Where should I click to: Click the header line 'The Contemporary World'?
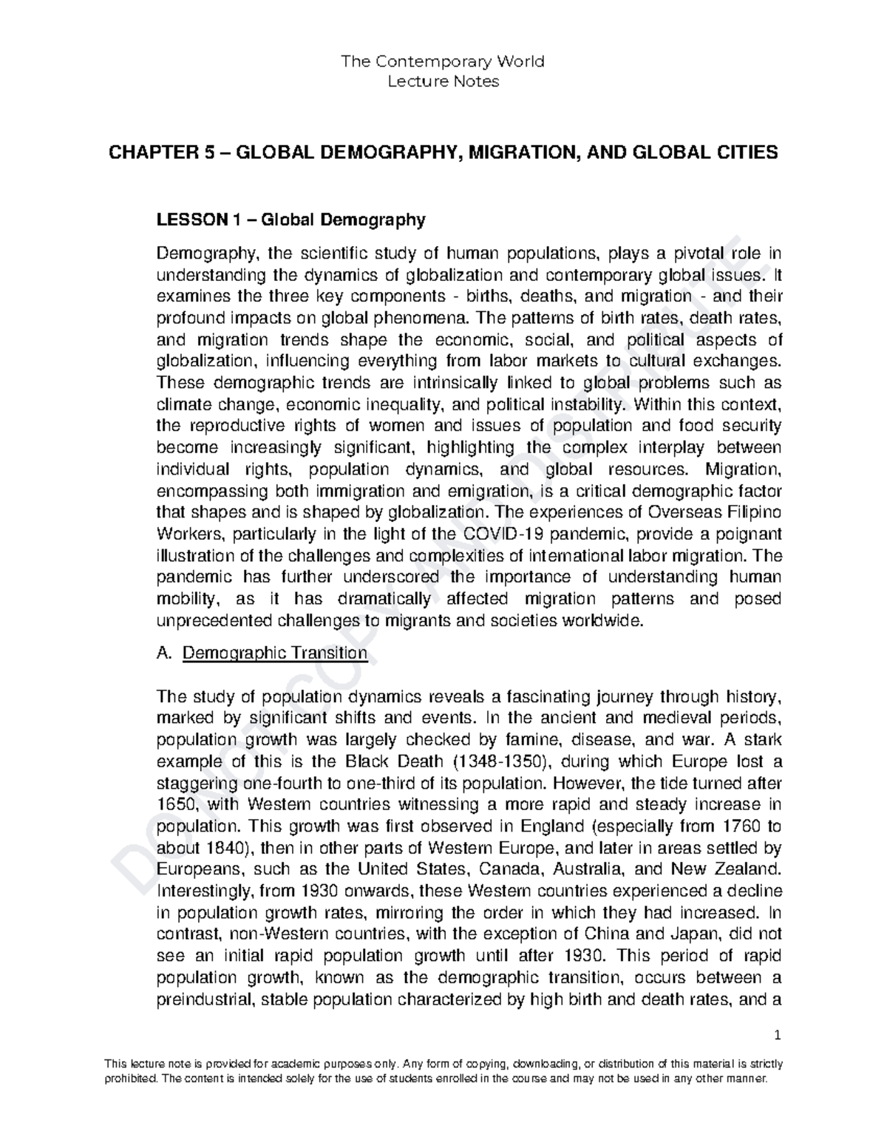[x=442, y=61]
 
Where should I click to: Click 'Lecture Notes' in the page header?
[x=443, y=81]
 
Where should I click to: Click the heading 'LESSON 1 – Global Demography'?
[x=291, y=220]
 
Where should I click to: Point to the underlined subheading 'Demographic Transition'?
[x=274, y=653]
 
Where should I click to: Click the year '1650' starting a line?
[x=174, y=804]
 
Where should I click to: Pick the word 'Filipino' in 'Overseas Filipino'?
[x=754, y=512]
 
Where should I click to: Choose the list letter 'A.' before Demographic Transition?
[x=165, y=653]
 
